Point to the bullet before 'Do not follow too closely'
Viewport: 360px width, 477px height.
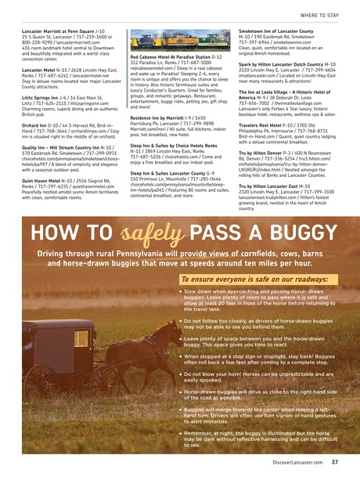coord(179,320)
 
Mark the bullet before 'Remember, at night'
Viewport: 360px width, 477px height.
coord(179,432)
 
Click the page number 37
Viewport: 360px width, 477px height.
coord(335,463)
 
